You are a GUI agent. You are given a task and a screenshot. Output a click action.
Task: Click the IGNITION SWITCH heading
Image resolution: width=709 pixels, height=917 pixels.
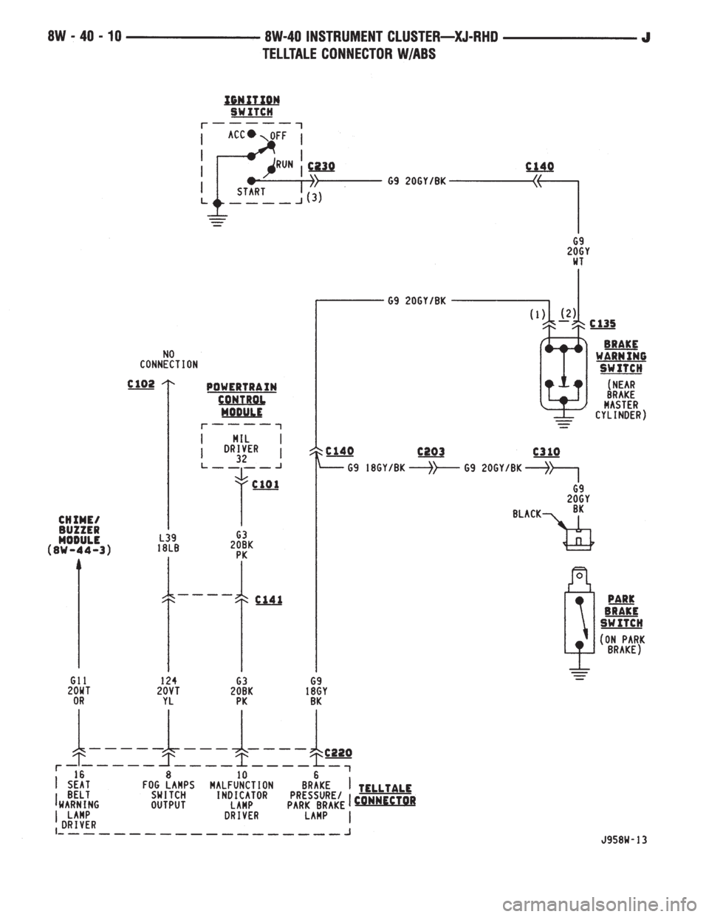(x=252, y=106)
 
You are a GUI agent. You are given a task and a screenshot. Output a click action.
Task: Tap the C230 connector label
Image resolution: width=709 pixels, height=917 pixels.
(x=321, y=166)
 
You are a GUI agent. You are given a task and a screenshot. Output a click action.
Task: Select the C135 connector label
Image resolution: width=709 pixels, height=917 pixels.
(x=603, y=323)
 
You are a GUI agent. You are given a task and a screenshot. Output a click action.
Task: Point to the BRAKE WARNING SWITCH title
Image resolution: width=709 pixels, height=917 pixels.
(x=621, y=356)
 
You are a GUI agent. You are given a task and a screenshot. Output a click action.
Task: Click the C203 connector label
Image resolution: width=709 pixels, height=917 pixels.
(x=431, y=452)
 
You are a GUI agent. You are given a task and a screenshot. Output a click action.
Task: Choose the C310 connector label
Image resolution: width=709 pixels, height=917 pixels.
(x=546, y=452)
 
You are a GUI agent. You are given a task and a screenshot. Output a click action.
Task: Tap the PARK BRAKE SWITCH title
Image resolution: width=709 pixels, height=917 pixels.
(x=621, y=611)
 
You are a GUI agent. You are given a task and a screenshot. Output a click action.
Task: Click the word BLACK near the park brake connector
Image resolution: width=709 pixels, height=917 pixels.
(x=527, y=514)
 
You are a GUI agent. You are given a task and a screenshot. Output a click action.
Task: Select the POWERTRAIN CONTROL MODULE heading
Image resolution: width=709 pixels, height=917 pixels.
(x=242, y=399)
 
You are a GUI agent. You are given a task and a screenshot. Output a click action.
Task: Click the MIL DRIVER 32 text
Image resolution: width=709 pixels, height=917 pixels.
(x=241, y=449)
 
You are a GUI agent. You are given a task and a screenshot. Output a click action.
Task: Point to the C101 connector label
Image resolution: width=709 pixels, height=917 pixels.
(x=265, y=485)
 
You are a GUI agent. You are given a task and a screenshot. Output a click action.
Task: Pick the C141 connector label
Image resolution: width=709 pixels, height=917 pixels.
(x=269, y=600)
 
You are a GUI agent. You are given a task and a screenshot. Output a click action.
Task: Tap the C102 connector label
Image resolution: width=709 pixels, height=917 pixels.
(x=141, y=384)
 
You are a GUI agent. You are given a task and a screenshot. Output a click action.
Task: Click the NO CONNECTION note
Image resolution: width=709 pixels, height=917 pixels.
(x=169, y=359)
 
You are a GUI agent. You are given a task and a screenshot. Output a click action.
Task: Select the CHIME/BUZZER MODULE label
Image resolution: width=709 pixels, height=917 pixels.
(x=79, y=535)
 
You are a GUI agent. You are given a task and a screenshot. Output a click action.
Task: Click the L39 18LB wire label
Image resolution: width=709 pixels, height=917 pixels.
(x=168, y=543)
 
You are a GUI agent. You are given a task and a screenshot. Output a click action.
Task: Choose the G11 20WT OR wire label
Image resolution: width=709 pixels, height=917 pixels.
(x=79, y=691)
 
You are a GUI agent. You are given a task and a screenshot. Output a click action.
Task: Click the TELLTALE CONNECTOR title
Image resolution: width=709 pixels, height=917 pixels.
(x=385, y=794)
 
